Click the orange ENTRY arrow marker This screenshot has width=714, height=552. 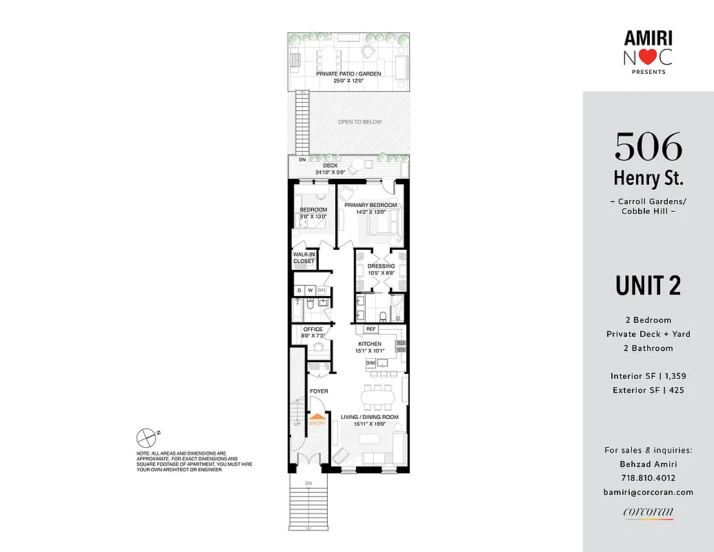tap(317, 417)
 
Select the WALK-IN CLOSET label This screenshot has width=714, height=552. tap(304, 258)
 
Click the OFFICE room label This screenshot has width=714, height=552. tap(313, 329)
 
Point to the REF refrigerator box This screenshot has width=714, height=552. tap(370, 329)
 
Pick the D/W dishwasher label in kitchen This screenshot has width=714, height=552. tap(370, 363)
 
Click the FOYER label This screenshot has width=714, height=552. tap(319, 391)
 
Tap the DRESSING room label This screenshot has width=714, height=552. tap(381, 266)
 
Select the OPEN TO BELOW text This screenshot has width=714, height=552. tap(359, 122)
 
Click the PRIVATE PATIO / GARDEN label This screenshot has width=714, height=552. tap(348, 74)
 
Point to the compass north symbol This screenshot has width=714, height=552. tap(147, 437)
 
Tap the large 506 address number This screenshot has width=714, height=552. tap(648, 146)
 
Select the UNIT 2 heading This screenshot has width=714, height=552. tap(648, 286)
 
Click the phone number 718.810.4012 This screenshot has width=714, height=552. tap(648, 478)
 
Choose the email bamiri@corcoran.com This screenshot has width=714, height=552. tap(648, 492)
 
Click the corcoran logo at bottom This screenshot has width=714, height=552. tap(648, 512)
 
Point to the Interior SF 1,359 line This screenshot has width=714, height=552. tap(648, 376)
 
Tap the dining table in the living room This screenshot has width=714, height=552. tap(378, 398)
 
